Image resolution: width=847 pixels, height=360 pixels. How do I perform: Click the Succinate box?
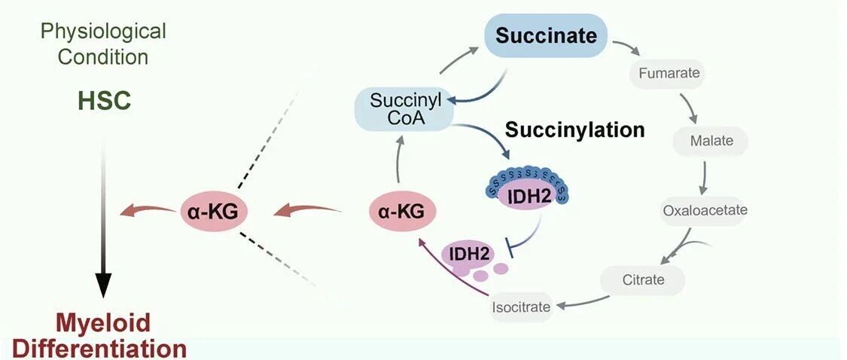546,35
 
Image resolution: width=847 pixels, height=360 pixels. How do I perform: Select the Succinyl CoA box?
403,108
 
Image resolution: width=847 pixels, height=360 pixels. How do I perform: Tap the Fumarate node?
669,73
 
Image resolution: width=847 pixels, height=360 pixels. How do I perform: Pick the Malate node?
711,142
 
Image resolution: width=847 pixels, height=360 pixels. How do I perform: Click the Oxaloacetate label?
705,210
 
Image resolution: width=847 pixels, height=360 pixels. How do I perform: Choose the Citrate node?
643,280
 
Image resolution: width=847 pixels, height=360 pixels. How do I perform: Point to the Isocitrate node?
521,307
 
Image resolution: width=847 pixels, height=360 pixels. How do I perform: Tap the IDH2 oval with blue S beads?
525,191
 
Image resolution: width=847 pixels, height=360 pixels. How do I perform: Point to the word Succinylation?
574,130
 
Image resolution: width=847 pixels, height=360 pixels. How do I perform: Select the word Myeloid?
102,323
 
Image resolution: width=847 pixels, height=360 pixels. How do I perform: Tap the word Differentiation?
99,348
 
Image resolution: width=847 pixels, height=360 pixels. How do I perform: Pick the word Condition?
103,56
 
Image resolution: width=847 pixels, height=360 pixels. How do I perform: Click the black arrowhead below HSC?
103,285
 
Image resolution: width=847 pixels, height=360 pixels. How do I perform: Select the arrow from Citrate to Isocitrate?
582,302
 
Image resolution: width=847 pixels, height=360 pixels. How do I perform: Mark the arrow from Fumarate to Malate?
689,108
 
